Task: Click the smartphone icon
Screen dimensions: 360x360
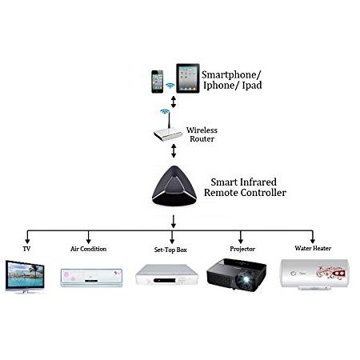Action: [x=158, y=82]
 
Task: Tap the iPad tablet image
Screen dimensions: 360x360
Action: [x=188, y=78]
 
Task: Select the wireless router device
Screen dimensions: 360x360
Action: [x=168, y=130]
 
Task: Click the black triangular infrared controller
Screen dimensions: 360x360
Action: [x=174, y=186]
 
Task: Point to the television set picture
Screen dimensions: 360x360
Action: [x=25, y=277]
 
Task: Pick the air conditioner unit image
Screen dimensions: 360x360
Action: [x=91, y=278]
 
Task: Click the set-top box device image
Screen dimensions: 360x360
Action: [x=167, y=274]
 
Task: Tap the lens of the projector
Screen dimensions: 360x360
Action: [x=244, y=280]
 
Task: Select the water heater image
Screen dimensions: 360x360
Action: [x=314, y=274]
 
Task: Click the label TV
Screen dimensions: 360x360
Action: [x=26, y=249]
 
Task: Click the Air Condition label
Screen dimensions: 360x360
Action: [x=89, y=249]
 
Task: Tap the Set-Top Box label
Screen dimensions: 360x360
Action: [x=170, y=250]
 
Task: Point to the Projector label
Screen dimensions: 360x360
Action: [x=242, y=249]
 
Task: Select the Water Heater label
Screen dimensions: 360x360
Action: [x=313, y=248]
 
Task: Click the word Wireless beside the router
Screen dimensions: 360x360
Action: [x=202, y=130]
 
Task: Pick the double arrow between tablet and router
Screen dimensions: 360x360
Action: [x=174, y=102]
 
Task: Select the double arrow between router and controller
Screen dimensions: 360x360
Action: [x=174, y=150]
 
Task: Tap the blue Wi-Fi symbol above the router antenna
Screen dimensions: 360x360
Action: [x=165, y=111]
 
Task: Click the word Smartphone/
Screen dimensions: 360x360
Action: [x=231, y=75]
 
